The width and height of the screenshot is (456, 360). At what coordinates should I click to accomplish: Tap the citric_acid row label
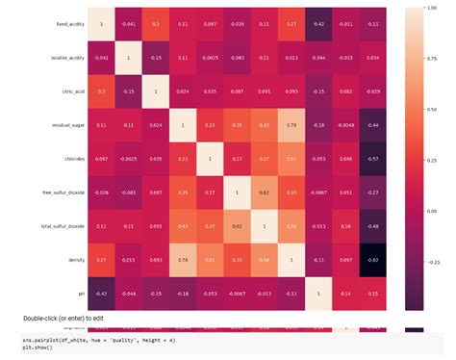pos(70,91)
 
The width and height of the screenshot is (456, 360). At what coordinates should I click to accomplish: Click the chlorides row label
pos(71,158)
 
